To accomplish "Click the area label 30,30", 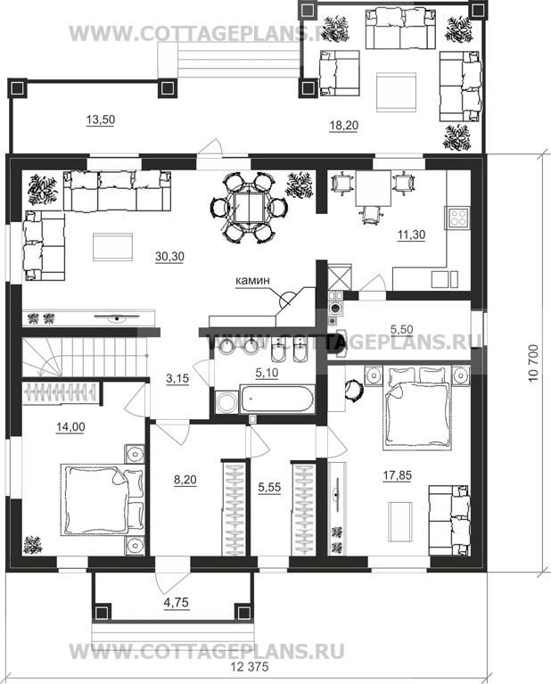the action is [x=169, y=257].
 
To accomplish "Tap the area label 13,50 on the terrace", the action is [x=101, y=119].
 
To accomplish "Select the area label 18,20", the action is [x=344, y=126].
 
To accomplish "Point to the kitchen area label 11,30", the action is [x=411, y=235].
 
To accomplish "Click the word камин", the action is [x=253, y=281].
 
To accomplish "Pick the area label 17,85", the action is [x=397, y=475].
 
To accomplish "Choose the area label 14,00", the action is [x=70, y=427].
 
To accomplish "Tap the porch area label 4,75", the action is [x=177, y=603].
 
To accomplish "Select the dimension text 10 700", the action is [x=533, y=363].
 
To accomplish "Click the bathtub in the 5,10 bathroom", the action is [x=276, y=399].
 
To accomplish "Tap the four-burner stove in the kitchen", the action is [x=457, y=218].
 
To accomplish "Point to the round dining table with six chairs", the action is [x=248, y=208].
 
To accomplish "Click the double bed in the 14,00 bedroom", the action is [x=103, y=499].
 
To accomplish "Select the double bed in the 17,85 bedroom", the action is [x=416, y=408].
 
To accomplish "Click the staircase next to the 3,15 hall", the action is [x=84, y=357].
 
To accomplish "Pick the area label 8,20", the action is [x=185, y=480].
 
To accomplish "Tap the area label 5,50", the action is [x=401, y=329].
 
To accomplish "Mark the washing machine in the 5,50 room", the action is [x=336, y=307].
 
